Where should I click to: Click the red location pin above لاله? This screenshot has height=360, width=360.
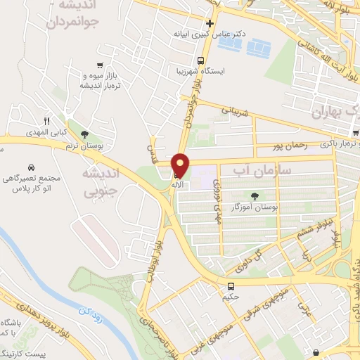click(181, 166)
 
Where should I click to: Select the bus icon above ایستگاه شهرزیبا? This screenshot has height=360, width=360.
click(201, 60)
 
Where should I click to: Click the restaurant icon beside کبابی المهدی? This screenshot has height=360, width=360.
click(46, 121)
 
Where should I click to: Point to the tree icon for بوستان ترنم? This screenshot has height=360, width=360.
click(85, 134)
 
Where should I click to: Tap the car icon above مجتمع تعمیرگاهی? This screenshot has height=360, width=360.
click(32, 168)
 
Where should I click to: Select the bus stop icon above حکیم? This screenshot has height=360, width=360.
click(231, 286)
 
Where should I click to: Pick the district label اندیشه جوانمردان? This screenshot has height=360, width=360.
click(75, 14)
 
